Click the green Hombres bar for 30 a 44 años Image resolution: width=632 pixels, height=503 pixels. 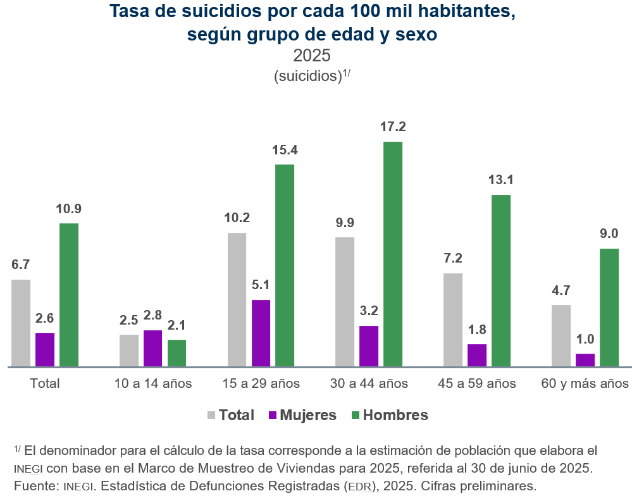pyautogui.click(x=393, y=254)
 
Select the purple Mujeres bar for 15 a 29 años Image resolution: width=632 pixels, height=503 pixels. pyautogui.click(x=261, y=333)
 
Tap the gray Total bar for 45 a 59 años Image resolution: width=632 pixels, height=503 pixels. pyautogui.click(x=452, y=320)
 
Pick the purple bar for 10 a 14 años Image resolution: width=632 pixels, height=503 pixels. pyautogui.click(x=152, y=348)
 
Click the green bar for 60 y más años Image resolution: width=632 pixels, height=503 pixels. pyautogui.click(x=609, y=307)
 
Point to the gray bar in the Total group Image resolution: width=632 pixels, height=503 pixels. pyautogui.click(x=20, y=323)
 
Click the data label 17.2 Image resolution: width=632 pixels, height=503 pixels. pyautogui.click(x=393, y=127)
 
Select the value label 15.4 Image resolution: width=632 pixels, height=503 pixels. pyautogui.click(x=285, y=150)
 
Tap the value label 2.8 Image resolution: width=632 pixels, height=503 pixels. pyautogui.click(x=152, y=315)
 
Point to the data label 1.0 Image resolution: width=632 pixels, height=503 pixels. pyautogui.click(x=585, y=339)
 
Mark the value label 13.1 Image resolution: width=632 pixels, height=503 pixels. pyautogui.click(x=501, y=179)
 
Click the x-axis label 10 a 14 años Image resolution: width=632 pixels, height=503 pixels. pyautogui.click(x=152, y=383)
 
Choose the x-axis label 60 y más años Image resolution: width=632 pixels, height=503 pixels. pyautogui.click(x=585, y=383)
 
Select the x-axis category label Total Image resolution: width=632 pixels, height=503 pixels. pyautogui.click(x=45, y=383)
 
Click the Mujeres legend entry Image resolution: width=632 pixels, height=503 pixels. pyautogui.click(x=302, y=414)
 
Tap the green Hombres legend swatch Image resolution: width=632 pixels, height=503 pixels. pyautogui.click(x=356, y=415)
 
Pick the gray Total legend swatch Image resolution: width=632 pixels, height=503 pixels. pyautogui.click(x=211, y=415)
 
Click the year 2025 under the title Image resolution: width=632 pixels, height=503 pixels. pyautogui.click(x=312, y=56)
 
